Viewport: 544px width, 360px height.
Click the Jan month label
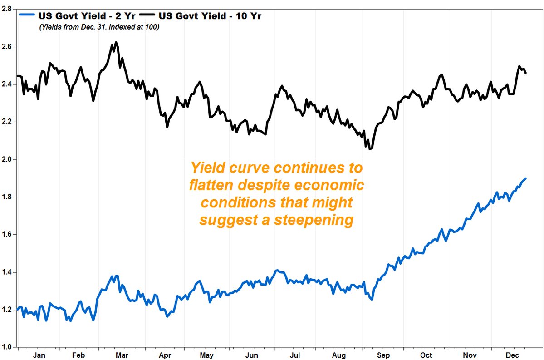[x=40, y=355]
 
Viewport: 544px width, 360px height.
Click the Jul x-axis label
[x=295, y=355]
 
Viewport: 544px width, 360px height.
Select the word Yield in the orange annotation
[x=208, y=168]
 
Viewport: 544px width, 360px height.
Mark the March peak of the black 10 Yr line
[x=116, y=42]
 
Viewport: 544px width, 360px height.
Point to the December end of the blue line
[x=525, y=178]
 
